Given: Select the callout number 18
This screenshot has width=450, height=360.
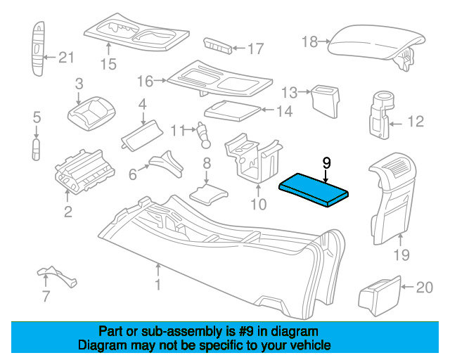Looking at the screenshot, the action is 310,42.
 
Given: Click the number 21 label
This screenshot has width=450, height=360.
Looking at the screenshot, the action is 66,58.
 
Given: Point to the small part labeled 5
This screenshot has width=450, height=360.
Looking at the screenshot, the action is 36,150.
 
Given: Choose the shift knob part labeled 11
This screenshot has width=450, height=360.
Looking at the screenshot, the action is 203,135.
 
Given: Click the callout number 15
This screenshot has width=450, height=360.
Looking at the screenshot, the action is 108,64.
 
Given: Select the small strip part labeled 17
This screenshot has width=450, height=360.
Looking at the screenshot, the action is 217,46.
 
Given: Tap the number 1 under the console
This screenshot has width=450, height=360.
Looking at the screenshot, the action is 157,285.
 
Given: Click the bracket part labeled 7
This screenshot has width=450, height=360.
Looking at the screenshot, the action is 58,276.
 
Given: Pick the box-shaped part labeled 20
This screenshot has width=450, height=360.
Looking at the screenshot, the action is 380,296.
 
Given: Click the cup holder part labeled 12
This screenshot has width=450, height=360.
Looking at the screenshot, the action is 381,115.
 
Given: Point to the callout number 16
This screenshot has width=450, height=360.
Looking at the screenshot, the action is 146,82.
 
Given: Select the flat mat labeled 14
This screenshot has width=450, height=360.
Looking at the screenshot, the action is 232,111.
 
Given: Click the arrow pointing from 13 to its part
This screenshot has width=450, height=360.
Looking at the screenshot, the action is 304,92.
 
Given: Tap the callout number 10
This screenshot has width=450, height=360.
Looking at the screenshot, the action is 259,205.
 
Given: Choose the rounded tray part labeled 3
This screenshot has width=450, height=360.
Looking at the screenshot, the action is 91,114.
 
